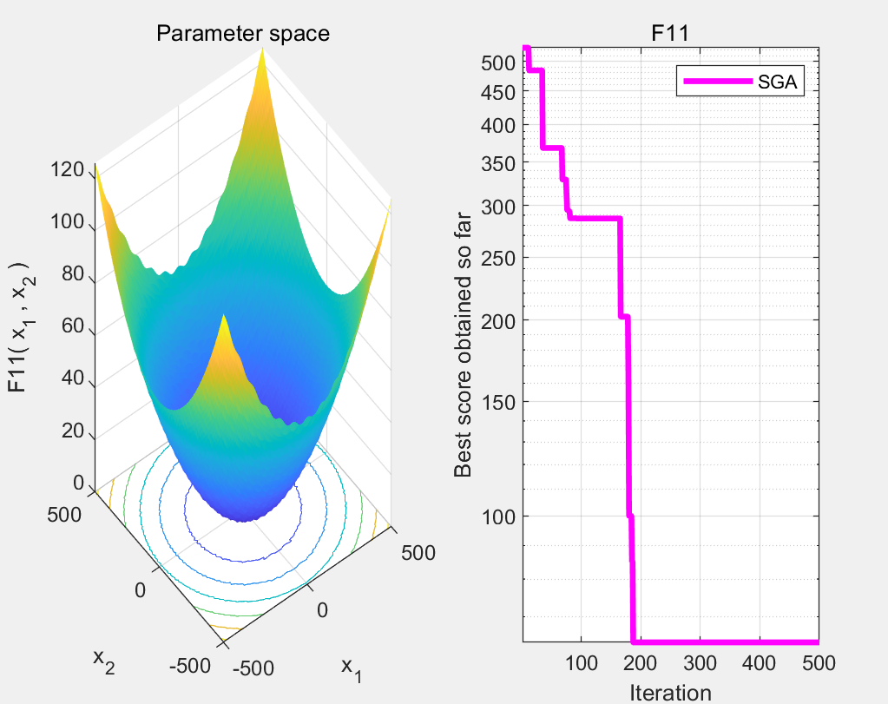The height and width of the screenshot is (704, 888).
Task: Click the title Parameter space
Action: coord(242,35)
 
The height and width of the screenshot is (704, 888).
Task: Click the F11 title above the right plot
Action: coord(670,35)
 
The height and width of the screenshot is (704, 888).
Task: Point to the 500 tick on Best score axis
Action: coord(498,63)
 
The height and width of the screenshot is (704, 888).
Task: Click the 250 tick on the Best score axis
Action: coord(498,258)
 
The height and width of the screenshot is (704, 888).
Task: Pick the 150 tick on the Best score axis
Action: coord(498,401)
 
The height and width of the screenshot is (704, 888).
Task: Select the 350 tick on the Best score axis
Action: coord(498,163)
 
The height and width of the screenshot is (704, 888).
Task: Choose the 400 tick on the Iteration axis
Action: coord(760,664)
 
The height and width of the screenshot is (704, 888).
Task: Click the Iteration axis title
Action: coord(670,692)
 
